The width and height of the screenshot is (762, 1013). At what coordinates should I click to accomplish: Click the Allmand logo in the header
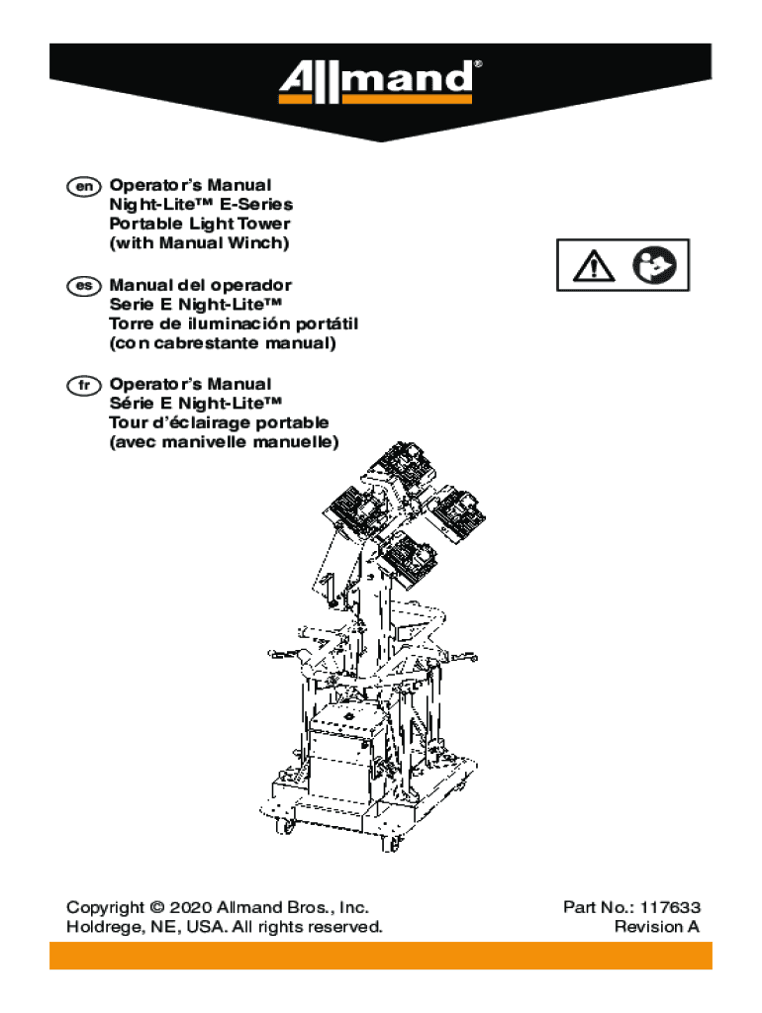pos(380,83)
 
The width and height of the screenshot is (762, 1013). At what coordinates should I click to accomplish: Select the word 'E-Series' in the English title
pos(256,205)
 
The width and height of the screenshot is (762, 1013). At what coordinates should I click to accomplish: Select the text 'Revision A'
pos(656,927)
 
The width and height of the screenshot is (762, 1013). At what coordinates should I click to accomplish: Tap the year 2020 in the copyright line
pos(189,907)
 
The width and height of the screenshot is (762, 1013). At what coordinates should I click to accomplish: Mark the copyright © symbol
pos(156,907)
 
